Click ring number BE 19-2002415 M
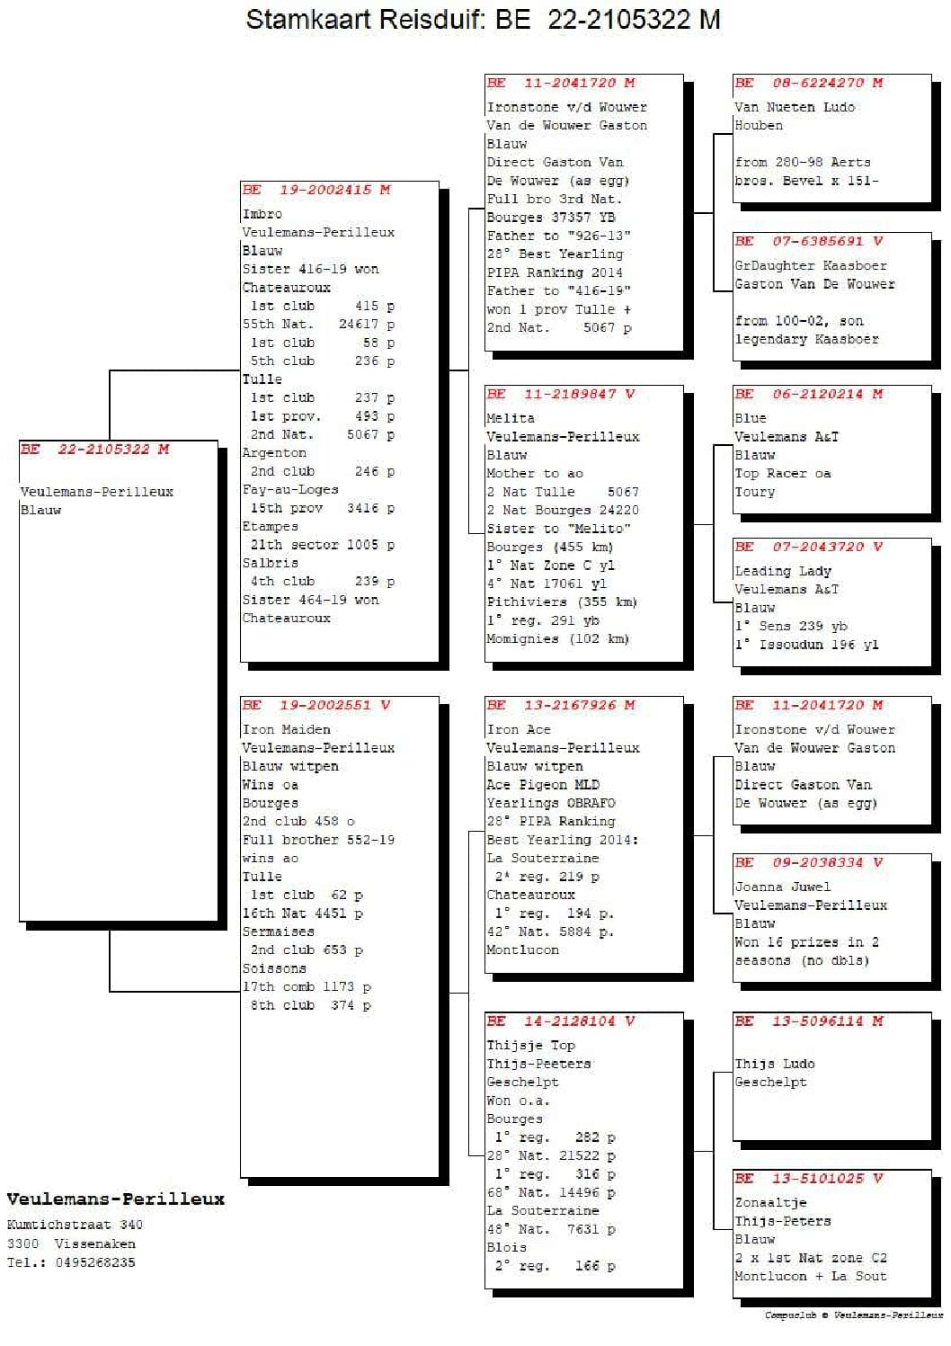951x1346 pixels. (316, 190)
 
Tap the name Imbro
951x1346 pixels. (262, 214)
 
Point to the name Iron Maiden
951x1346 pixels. (286, 729)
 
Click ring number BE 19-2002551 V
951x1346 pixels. (316, 705)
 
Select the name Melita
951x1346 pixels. (510, 418)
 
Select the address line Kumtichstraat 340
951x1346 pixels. (75, 1225)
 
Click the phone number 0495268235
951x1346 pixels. (95, 1262)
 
